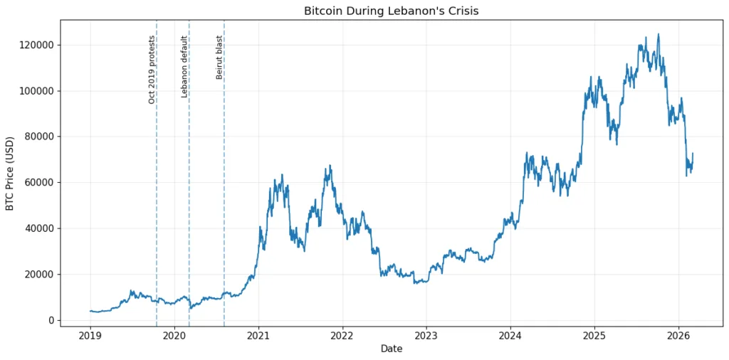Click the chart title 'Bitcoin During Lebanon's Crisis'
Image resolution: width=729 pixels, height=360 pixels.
pos(391,11)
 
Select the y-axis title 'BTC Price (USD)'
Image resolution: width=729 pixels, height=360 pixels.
pos(10,173)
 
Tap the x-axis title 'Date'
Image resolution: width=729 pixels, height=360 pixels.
pos(391,349)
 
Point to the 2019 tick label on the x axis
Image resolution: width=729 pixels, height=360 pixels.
pos(90,335)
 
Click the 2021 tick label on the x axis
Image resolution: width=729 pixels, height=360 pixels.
pos(258,335)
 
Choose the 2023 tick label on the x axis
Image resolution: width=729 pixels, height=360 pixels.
pos(426,335)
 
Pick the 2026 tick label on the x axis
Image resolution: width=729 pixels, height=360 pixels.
pos(678,335)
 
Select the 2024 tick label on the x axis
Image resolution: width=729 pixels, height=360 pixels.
pos(510,335)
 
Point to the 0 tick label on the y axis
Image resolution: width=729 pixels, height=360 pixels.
pos(51,320)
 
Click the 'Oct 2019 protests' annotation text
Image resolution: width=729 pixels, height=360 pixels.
pos(152,70)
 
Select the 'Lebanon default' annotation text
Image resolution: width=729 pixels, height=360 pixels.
pos(184,66)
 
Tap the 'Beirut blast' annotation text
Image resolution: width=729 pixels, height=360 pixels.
pos(219,57)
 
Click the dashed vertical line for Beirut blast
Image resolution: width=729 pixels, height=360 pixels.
pos(224,178)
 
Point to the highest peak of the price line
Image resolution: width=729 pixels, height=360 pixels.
pos(658,34)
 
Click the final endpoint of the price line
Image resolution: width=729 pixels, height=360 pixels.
pos(693,154)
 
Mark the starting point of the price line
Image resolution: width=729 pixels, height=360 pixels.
pos(90,311)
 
